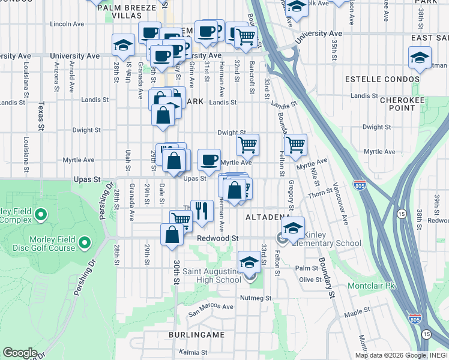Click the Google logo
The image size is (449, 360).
point(20,353)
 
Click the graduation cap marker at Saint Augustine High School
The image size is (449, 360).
point(249,262)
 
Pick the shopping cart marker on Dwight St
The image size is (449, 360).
point(247,145)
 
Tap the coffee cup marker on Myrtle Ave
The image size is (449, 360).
point(209,160)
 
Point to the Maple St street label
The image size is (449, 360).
point(358,314)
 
